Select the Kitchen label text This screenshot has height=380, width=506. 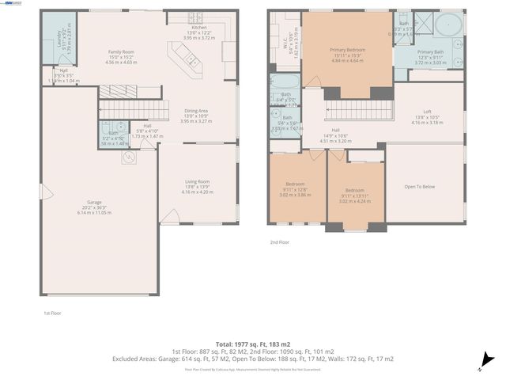(x=198, y=27)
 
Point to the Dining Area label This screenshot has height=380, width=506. (x=196, y=111)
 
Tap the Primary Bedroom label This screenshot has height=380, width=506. (x=347, y=50)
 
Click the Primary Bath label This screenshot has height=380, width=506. (x=431, y=52)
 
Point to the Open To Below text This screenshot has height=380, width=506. (x=420, y=187)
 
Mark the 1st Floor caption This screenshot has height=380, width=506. (x=52, y=313)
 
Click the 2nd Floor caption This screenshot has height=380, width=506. (x=280, y=242)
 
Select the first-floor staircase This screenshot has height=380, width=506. (x=134, y=109)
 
